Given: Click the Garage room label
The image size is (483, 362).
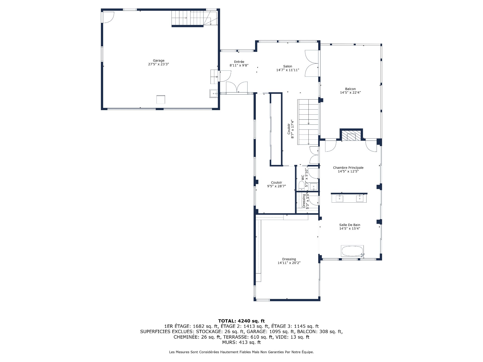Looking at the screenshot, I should pyautogui.click(x=158, y=60).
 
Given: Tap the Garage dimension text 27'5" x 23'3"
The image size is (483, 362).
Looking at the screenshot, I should pyautogui.click(x=158, y=64).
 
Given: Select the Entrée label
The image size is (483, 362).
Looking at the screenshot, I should pyautogui.click(x=239, y=62).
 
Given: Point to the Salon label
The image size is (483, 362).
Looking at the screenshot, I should pyautogui.click(x=288, y=66).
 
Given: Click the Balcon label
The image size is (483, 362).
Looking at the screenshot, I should pyautogui.click(x=350, y=89).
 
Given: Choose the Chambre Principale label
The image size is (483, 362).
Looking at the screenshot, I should pyautogui.click(x=348, y=168).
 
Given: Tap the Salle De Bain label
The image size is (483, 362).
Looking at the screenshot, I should pyautogui.click(x=350, y=225).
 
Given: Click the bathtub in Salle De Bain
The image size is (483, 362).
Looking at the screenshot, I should pyautogui.click(x=352, y=251).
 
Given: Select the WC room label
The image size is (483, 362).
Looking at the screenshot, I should pyautogui.click(x=303, y=177).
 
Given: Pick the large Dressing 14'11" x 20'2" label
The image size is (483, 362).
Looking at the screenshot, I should pyautogui.click(x=289, y=259).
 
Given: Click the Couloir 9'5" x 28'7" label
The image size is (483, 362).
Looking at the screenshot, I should pyautogui.click(x=276, y=183).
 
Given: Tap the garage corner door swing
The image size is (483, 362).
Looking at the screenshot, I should pyautogui.click(x=108, y=17).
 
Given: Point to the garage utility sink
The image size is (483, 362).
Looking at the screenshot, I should pyautogui.click(x=214, y=93).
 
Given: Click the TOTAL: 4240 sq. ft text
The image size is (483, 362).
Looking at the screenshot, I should pyautogui.click(x=241, y=321).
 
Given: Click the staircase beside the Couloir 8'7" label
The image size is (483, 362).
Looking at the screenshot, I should pyautogui.click(x=308, y=122).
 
